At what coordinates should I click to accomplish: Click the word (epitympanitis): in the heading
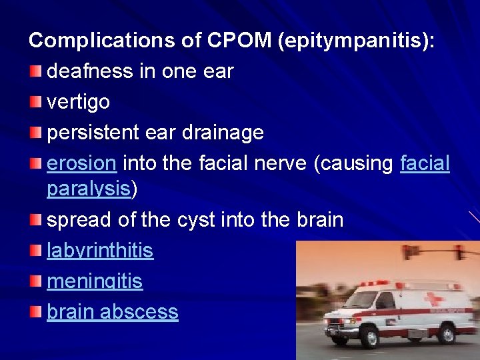(x=359, y=41)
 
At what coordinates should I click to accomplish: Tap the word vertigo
(x=78, y=102)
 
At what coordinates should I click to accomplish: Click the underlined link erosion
(x=82, y=163)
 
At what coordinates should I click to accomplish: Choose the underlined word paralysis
(x=89, y=189)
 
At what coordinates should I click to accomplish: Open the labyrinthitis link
(x=100, y=251)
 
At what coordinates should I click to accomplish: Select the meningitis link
(x=95, y=281)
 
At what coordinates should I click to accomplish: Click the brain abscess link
(x=113, y=312)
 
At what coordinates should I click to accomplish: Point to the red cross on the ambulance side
(x=435, y=299)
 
